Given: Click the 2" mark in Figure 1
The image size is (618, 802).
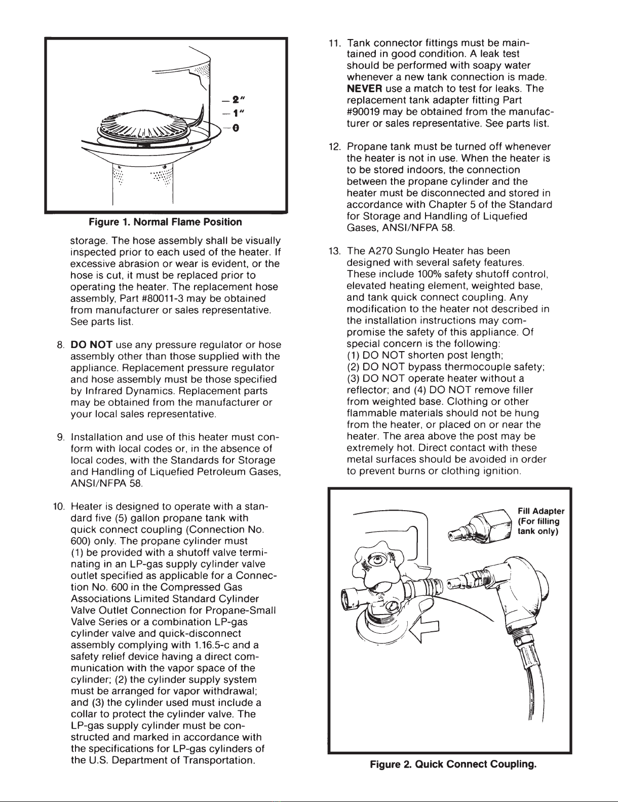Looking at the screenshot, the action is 238,100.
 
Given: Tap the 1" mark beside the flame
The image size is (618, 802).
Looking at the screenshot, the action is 238,113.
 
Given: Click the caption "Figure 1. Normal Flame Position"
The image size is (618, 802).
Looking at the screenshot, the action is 165,222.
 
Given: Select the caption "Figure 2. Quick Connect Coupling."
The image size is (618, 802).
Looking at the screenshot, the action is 453,765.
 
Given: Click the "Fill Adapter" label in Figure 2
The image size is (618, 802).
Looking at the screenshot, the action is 541,511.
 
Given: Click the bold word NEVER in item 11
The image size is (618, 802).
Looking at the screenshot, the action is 364,89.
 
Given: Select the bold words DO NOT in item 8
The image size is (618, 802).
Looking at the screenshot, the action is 92,345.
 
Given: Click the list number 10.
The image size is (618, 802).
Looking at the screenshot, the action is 59,506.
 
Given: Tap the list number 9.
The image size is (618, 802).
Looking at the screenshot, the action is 61,437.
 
